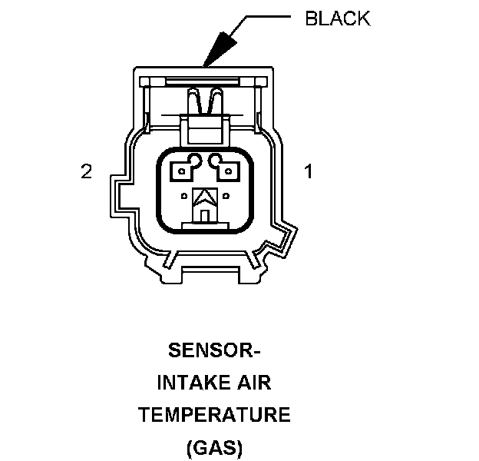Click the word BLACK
337,19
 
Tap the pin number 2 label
87,171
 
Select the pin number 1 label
309,171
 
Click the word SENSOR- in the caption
214,353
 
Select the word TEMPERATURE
214,416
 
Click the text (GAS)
214,446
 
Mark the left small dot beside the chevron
183,195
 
